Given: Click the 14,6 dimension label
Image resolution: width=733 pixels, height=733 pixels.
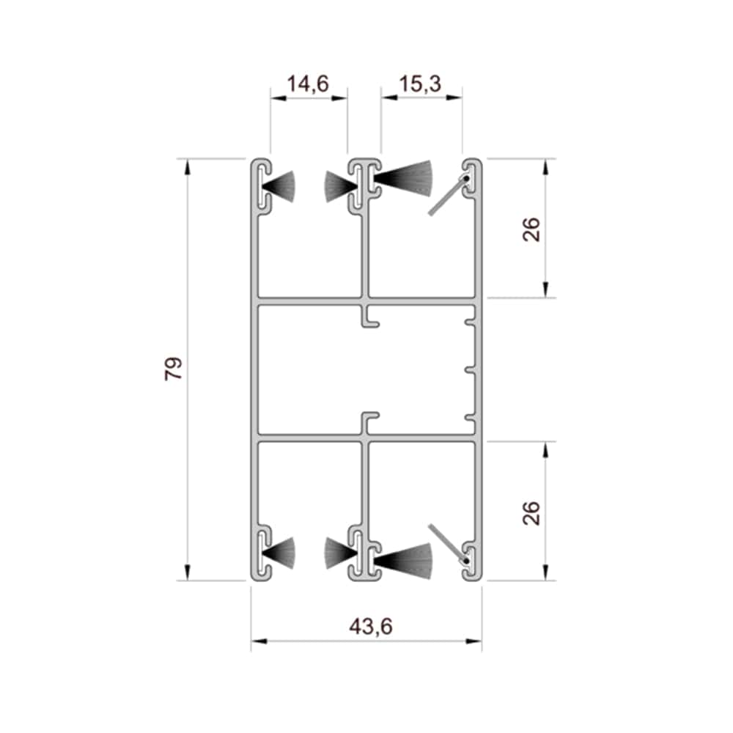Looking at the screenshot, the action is click(x=308, y=84).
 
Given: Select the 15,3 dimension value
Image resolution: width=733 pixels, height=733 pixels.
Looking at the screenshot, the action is click(x=420, y=84).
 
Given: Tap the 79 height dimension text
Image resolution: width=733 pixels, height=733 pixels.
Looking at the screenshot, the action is click(x=174, y=369).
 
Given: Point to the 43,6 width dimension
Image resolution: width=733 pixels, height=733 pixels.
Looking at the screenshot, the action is click(x=371, y=627).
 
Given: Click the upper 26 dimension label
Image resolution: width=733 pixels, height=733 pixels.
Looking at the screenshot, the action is click(x=531, y=229).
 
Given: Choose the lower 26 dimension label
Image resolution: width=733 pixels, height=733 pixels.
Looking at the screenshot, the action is click(x=531, y=513).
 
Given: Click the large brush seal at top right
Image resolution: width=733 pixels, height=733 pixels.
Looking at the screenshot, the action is click(x=403, y=177).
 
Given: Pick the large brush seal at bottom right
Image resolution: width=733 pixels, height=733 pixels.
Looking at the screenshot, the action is click(x=403, y=561).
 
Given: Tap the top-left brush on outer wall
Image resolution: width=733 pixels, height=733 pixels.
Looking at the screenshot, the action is click(x=279, y=186).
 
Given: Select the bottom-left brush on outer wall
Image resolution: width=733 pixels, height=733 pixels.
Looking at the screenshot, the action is click(x=279, y=553).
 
